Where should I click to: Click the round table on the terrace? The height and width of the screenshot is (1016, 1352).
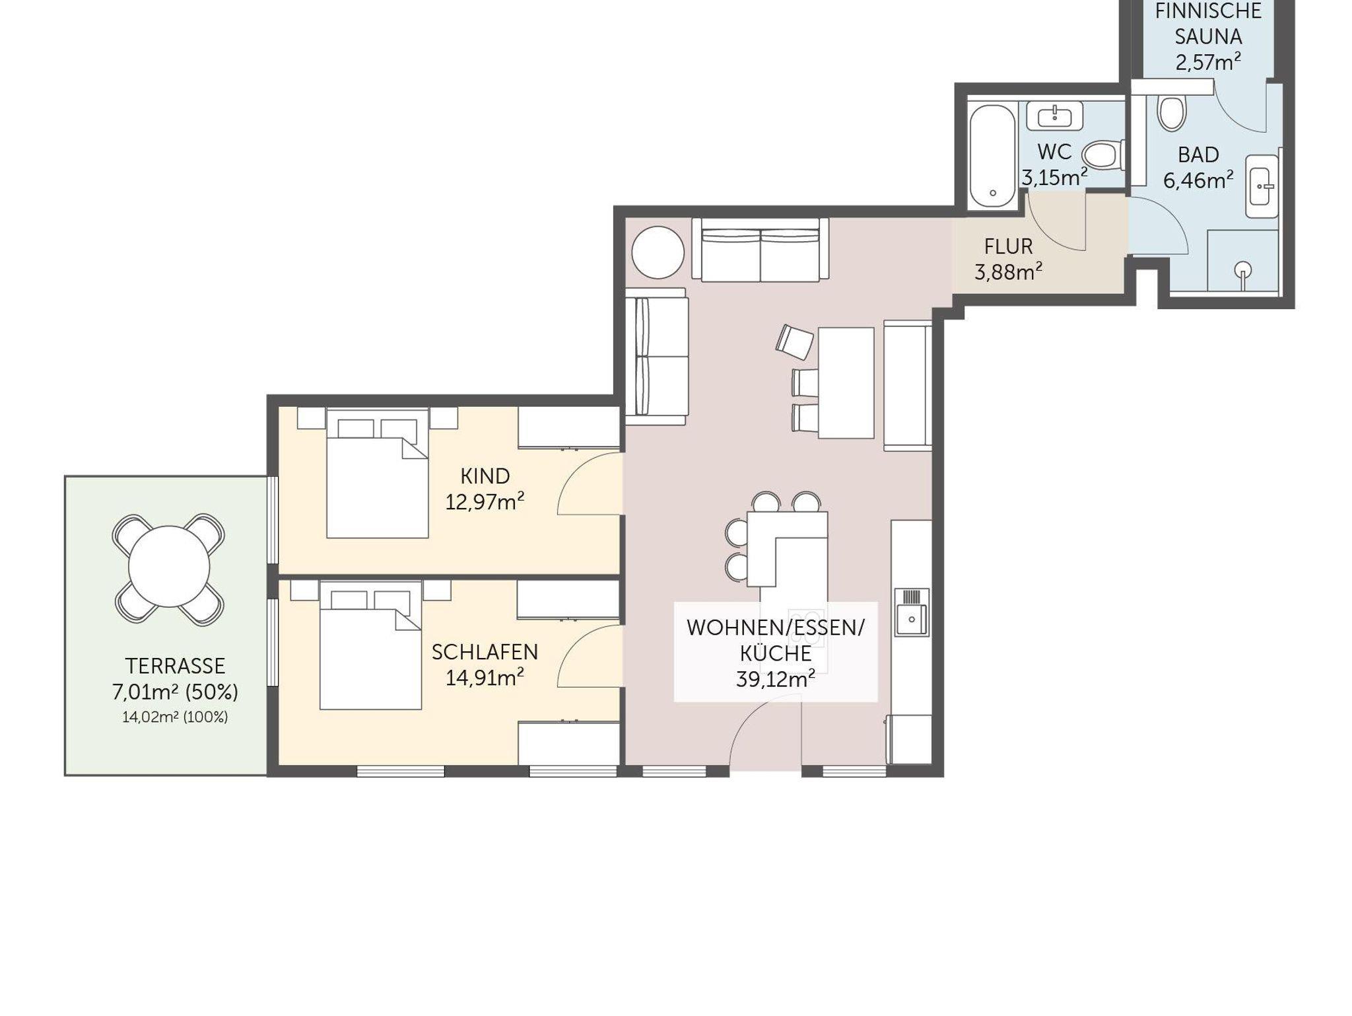point(169,567)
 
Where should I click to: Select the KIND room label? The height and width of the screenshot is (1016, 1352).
point(485,476)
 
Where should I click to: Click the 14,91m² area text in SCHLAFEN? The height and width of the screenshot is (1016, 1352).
point(485,677)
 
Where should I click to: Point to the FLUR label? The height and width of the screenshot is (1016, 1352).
point(1008,246)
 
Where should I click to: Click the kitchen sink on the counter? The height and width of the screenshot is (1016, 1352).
point(912,612)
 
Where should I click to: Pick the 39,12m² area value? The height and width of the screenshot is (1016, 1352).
point(776,679)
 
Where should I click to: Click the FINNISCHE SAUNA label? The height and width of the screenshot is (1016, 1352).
point(1208,24)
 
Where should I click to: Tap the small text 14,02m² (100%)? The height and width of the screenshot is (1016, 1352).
point(175,717)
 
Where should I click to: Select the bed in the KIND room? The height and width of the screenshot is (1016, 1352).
point(377,473)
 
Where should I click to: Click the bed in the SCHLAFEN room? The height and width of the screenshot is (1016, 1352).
point(370,645)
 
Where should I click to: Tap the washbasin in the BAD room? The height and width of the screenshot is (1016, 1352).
point(1262,186)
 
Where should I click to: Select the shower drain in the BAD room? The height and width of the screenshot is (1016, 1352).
point(1244,270)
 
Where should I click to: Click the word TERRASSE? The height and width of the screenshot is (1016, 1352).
point(175,665)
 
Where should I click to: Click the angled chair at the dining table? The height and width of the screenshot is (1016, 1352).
point(795,342)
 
